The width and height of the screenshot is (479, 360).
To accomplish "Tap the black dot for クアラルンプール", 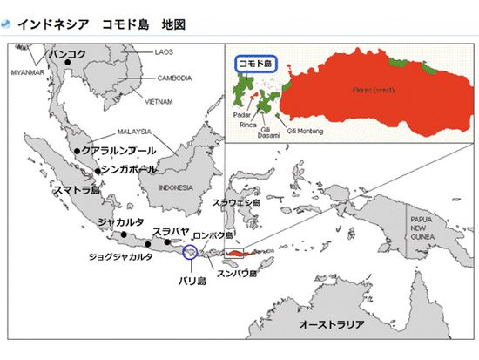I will tap(78, 151).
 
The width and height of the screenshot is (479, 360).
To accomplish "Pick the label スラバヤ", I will tap(170, 231).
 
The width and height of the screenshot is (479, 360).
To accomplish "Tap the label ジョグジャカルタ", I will tap(120, 257).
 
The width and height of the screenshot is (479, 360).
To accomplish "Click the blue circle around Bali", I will tap(191, 252).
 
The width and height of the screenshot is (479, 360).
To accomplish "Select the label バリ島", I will tap(192, 281).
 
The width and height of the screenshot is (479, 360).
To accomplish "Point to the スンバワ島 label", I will tap(238, 273).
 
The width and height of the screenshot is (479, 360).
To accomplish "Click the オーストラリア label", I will tap(331, 323).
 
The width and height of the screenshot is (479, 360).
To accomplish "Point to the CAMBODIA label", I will tap(175, 78).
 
